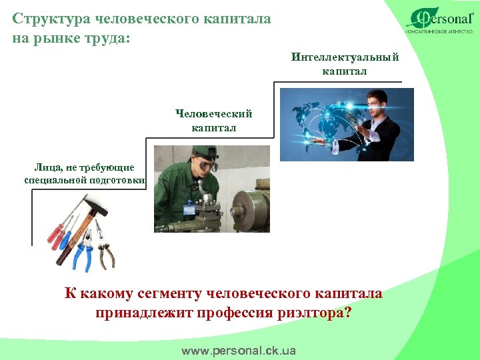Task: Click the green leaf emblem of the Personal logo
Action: click(x=420, y=18)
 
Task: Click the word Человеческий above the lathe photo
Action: click(x=214, y=115)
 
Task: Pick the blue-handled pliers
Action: click(x=83, y=251)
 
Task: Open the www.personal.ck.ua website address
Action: click(x=239, y=350)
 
